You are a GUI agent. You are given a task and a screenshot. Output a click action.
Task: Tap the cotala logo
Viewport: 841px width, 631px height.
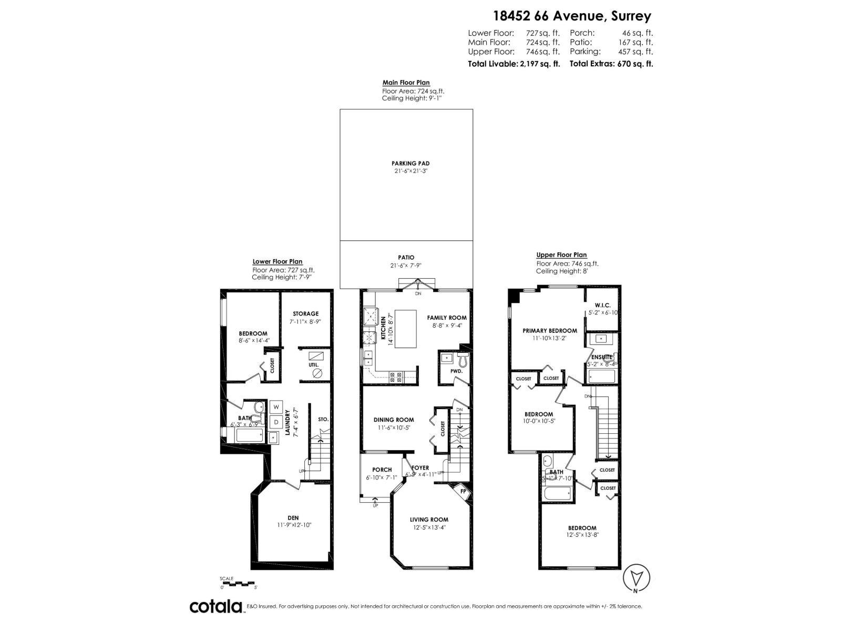click(216, 606)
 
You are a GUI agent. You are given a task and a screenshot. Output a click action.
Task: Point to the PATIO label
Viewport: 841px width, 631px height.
click(406, 258)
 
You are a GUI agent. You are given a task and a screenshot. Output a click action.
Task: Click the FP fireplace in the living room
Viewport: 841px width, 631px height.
click(462, 490)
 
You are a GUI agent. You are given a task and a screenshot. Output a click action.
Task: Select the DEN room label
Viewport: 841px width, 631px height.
click(293, 518)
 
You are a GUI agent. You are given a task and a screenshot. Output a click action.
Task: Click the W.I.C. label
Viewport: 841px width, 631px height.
click(602, 305)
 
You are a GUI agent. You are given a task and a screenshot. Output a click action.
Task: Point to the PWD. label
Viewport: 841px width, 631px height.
click(456, 371)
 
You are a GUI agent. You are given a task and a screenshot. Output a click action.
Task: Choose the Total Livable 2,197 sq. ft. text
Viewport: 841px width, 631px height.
click(514, 64)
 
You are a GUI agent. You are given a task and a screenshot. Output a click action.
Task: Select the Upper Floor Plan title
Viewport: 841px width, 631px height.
click(561, 255)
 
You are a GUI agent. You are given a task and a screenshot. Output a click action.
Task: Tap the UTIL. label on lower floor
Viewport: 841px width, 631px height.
click(313, 364)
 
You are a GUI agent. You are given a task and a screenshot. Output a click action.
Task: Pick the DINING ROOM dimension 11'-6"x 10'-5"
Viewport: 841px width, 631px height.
click(394, 428)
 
